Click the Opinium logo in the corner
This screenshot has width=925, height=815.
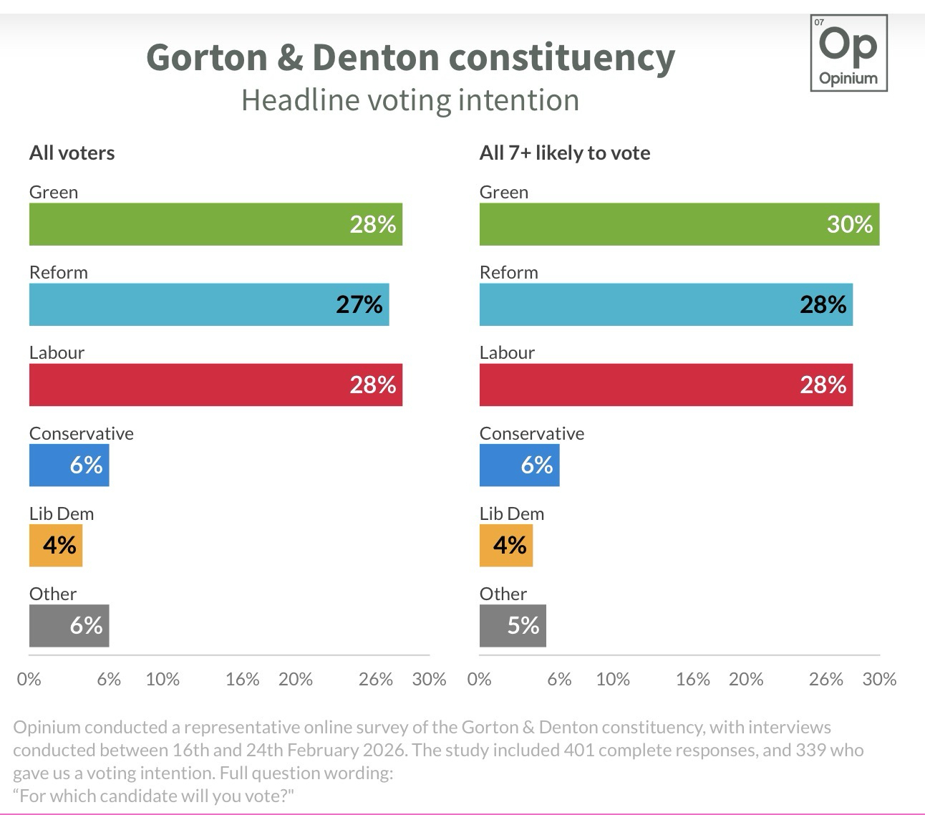[x=848, y=53]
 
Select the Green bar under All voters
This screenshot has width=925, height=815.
[x=215, y=224]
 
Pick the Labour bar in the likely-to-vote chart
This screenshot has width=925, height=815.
[x=666, y=385]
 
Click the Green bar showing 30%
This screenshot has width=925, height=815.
[x=679, y=224]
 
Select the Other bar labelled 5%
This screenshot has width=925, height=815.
[x=513, y=625]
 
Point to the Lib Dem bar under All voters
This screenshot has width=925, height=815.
[x=56, y=545]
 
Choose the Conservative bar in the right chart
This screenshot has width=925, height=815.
[x=519, y=465]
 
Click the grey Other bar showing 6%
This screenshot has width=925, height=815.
[x=69, y=625]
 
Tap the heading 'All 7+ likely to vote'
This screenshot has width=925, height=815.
[x=565, y=153]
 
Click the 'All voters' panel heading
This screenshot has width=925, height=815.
[x=72, y=153]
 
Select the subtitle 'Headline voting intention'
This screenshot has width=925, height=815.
[x=410, y=100]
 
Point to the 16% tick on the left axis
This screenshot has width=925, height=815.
[x=242, y=679]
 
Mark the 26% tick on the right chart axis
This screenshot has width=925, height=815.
[x=825, y=679]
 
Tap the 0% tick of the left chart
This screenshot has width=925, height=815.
[x=29, y=679]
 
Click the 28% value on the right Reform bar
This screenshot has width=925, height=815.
[x=823, y=304]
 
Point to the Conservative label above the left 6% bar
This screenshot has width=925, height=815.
[x=81, y=433]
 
